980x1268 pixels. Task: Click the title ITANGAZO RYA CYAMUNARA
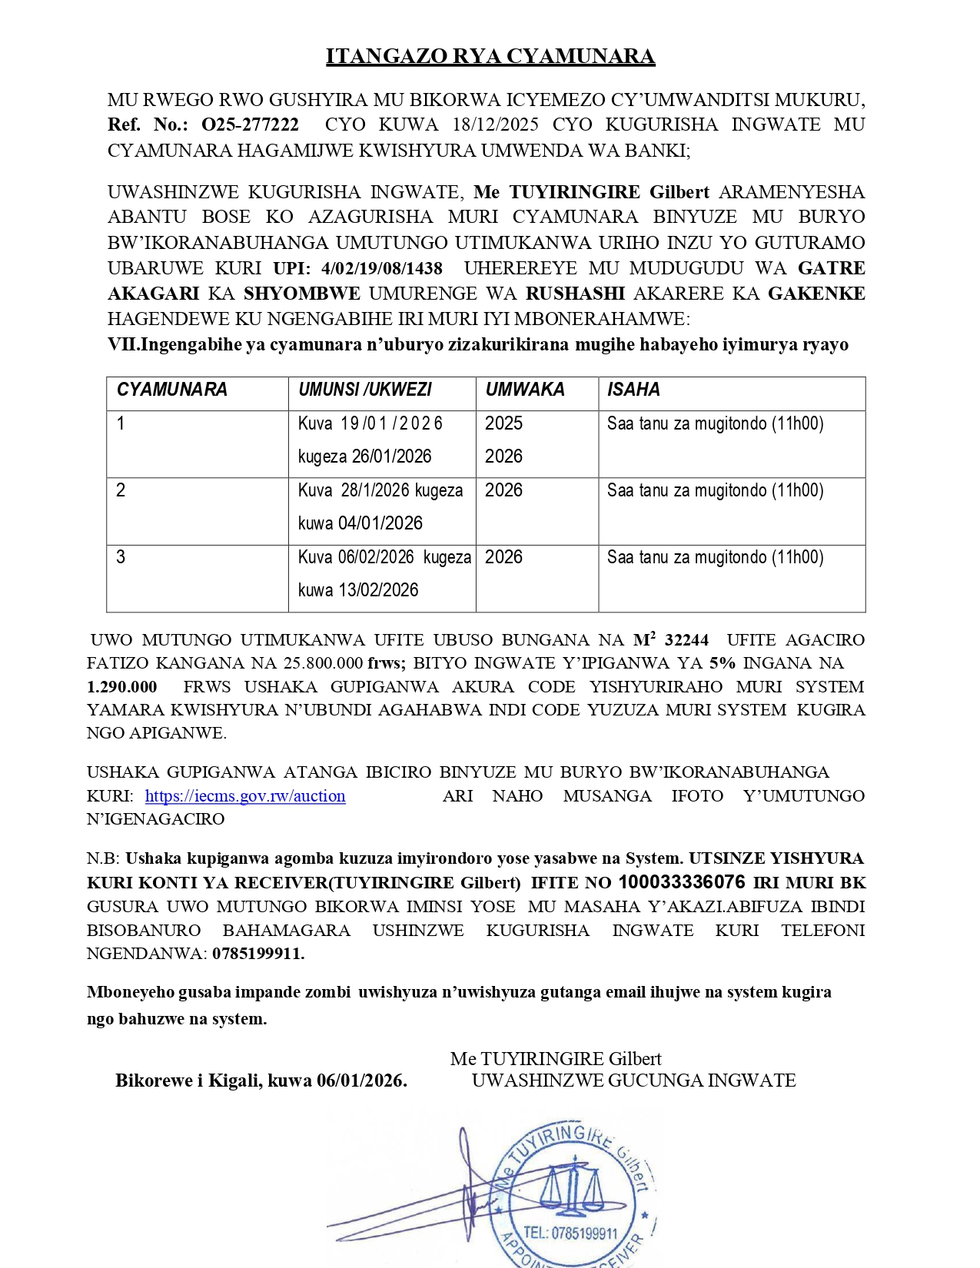point(490,56)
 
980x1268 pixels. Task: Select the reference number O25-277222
point(250,124)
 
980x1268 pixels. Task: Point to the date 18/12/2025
point(495,124)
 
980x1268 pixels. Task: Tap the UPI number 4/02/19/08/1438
point(382,268)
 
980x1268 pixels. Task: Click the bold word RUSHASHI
point(575,294)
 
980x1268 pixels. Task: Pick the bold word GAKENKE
point(816,294)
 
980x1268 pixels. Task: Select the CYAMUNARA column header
point(172,390)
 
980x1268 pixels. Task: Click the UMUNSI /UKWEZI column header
point(365,390)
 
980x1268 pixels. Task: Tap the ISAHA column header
point(633,390)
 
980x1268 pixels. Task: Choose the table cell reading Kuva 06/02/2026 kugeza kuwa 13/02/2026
point(382,573)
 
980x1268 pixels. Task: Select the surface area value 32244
point(686,640)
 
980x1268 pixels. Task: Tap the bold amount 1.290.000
point(122,687)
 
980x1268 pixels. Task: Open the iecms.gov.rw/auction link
point(245,796)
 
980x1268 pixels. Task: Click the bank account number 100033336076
point(682,882)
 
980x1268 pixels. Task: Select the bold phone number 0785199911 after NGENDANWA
point(258,954)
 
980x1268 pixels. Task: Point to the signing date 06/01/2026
point(360,1080)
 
